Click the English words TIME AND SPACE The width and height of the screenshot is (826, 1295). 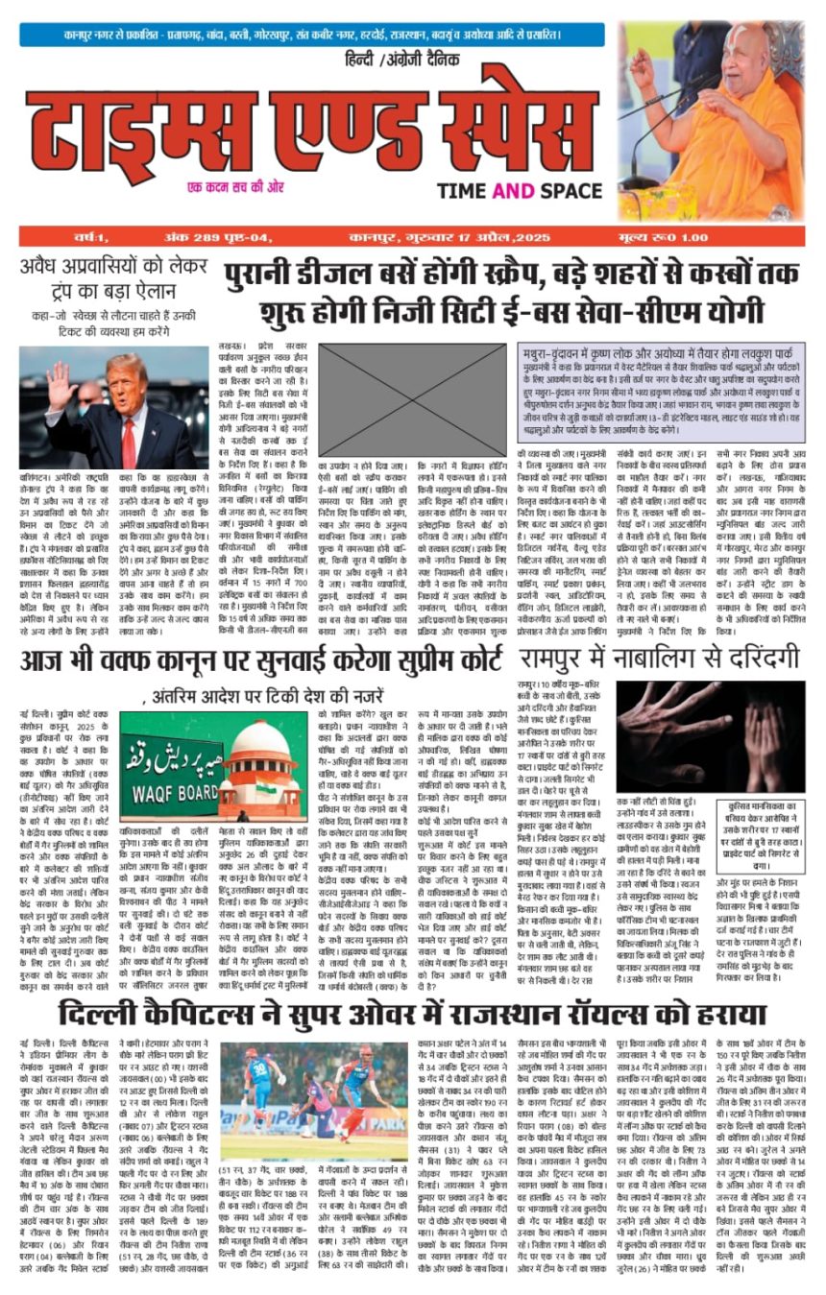520,190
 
